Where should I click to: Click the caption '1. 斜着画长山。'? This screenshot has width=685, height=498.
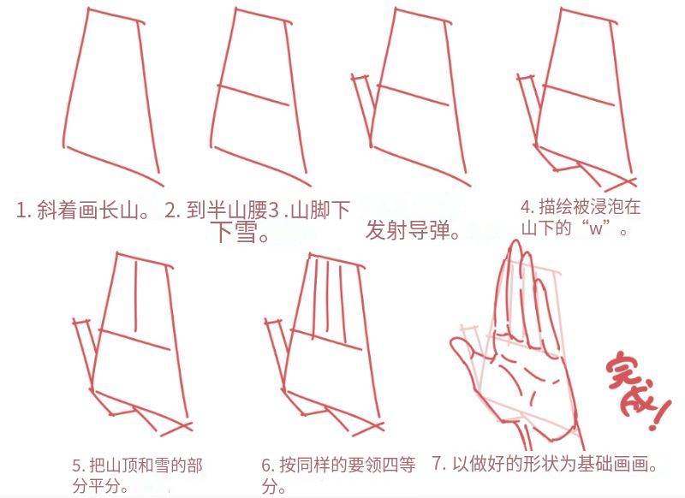coord(83,210)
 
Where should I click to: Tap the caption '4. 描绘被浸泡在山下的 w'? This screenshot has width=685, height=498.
coord(581,217)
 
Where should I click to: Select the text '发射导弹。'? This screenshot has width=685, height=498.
coord(413,230)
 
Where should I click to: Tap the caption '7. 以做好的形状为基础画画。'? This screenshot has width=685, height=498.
coord(545,464)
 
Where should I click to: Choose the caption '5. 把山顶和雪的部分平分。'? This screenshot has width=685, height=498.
coord(137,475)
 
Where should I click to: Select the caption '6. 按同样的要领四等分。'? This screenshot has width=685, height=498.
coord(338,475)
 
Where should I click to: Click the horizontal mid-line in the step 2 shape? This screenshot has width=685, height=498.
coord(253,96)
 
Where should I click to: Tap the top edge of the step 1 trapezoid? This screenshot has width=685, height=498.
coord(116,15)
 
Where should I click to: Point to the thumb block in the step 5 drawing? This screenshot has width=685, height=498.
coord(84,352)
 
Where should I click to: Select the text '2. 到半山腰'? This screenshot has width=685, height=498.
coord(216,210)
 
